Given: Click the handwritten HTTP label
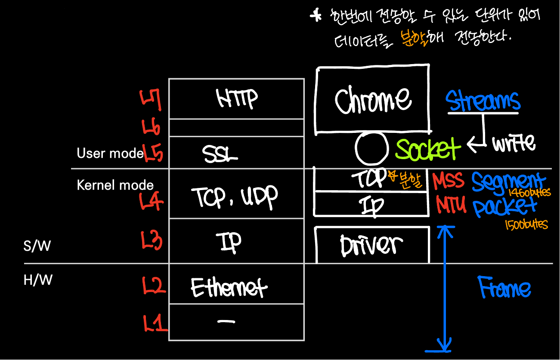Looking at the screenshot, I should point(236,98).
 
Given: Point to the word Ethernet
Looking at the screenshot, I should point(229,287).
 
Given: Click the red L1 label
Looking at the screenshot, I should point(155,323).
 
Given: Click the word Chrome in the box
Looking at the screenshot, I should point(373,100).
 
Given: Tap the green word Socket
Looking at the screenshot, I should point(428,148).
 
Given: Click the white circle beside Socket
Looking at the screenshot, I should point(371,148).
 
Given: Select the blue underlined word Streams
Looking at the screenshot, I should point(483,102).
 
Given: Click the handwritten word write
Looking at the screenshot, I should point(514,143).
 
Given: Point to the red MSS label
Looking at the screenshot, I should point(449,181).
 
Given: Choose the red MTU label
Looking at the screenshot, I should point(451,205).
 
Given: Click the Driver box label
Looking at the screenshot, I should point(371,245).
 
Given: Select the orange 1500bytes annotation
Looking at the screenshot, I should point(526,225).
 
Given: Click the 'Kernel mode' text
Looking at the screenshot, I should point(115,185).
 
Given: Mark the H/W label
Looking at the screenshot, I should point(38,280).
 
